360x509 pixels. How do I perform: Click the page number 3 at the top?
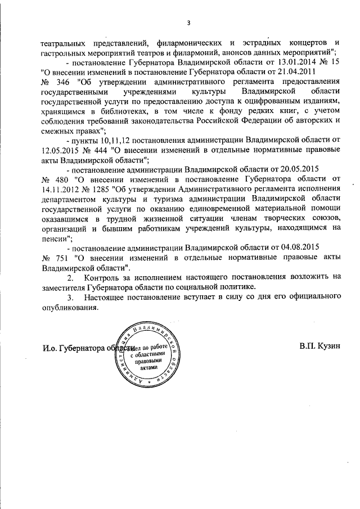[x=188, y=22]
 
